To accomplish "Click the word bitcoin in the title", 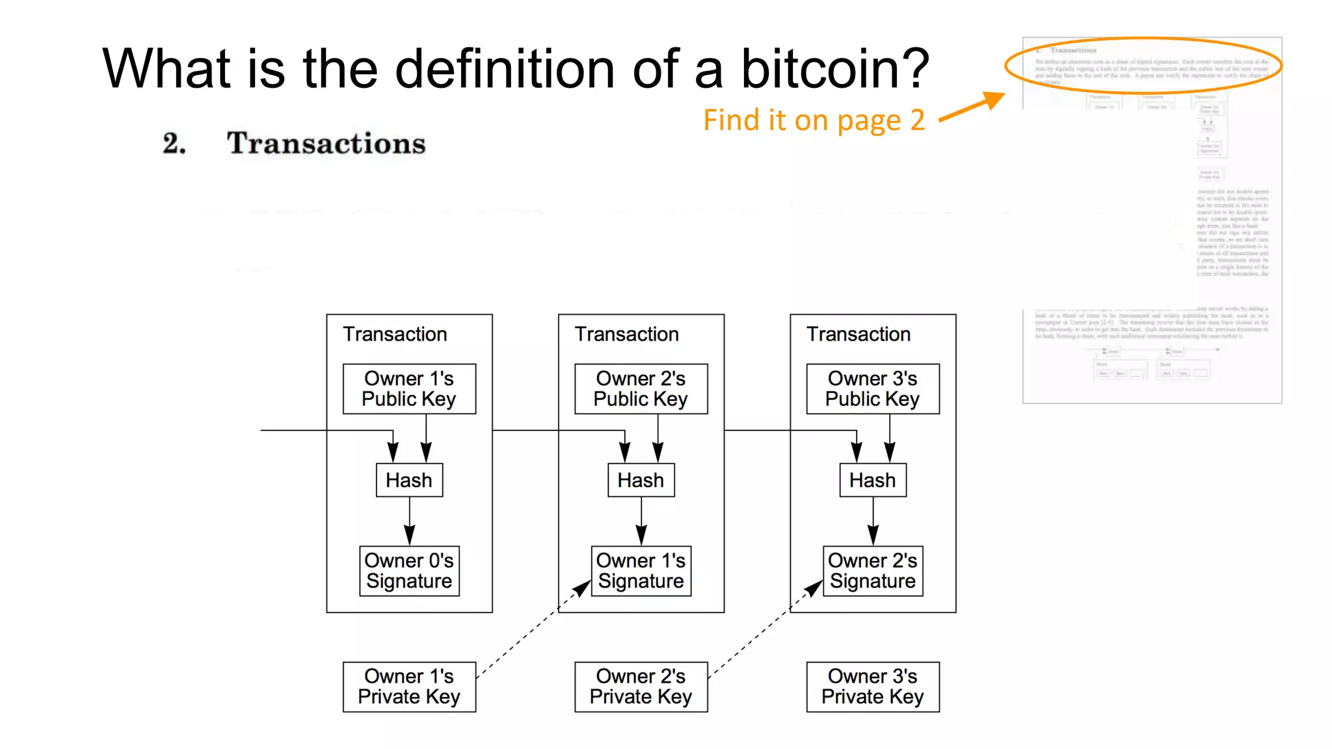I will pos(835,68).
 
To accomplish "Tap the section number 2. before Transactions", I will pos(174,143).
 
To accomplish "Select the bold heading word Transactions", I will pos(326,143).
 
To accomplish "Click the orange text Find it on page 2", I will pos(814,120).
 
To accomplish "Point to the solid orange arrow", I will pos(972,107).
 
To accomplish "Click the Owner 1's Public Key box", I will pos(409,389).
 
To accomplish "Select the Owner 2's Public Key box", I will pos(641,389).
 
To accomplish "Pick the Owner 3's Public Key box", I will pos(872,389).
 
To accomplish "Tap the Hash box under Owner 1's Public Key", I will pos(409,480).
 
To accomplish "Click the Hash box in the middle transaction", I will pos(641,480).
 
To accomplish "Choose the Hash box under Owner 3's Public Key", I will pos(872,480).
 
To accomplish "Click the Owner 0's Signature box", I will pos(409,571).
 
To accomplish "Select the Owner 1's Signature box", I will pos(641,571).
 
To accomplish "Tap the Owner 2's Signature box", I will pos(872,571).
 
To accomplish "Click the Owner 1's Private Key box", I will pos(409,687).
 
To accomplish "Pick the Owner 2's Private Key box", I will pos(641,687).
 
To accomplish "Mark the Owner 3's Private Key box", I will pos(872,687).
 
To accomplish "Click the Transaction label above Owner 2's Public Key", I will pos(626,334).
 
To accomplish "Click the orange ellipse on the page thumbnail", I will pos(1143,40).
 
